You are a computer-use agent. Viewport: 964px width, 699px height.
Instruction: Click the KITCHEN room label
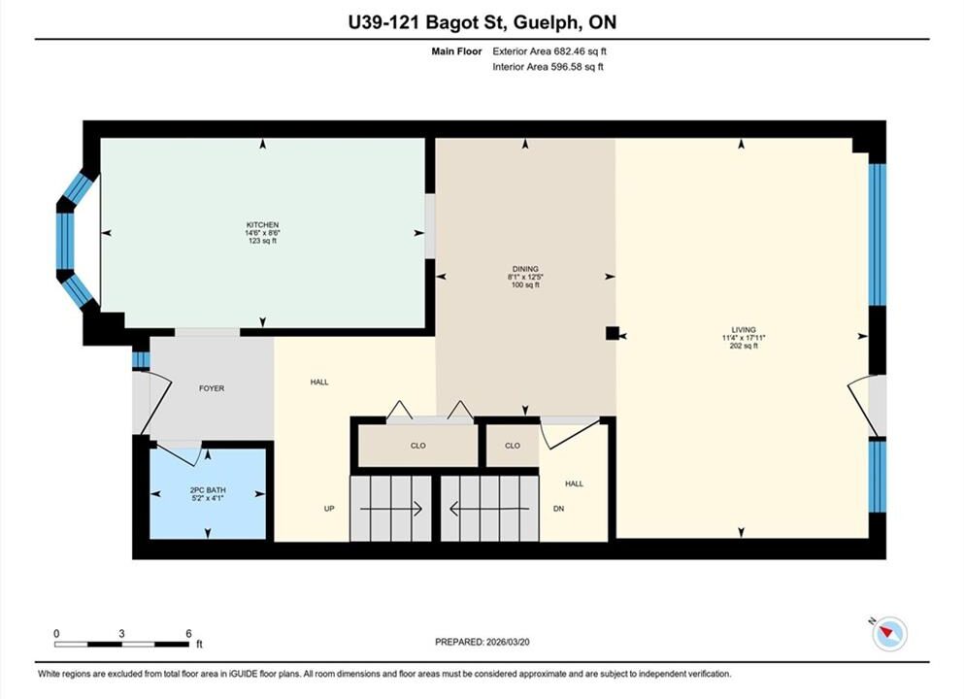click(x=262, y=225)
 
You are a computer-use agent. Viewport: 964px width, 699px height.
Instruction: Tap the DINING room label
click(x=525, y=269)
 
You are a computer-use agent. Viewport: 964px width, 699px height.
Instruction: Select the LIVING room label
click(x=744, y=329)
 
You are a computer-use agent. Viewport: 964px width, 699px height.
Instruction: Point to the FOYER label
click(x=212, y=388)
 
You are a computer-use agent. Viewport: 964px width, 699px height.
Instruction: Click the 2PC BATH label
click(x=208, y=490)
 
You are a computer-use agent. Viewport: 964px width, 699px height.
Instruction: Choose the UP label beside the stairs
click(x=329, y=509)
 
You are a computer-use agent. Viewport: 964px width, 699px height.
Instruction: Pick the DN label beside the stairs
click(x=558, y=509)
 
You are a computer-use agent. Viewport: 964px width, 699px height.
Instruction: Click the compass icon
click(x=888, y=633)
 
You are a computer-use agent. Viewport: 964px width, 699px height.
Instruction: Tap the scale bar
click(x=121, y=645)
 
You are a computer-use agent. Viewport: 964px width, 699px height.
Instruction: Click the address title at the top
click(x=482, y=22)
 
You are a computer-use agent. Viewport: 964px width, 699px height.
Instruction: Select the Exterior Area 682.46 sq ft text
click(x=549, y=51)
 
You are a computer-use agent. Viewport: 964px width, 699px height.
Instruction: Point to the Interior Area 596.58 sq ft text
click(x=548, y=67)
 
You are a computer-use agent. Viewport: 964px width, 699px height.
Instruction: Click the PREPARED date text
click(x=482, y=642)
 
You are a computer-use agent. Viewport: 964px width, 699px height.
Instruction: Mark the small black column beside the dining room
click(x=613, y=333)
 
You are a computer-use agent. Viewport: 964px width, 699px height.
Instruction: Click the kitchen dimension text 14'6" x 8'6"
click(x=262, y=233)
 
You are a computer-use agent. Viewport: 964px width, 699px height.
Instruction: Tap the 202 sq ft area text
click(x=744, y=346)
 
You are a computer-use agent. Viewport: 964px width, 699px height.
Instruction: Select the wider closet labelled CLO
click(x=418, y=446)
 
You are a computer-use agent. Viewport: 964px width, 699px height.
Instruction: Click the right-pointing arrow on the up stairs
click(x=390, y=509)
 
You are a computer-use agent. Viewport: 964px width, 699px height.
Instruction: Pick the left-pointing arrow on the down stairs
click(x=489, y=509)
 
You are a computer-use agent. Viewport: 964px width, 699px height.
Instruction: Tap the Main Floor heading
click(x=456, y=51)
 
